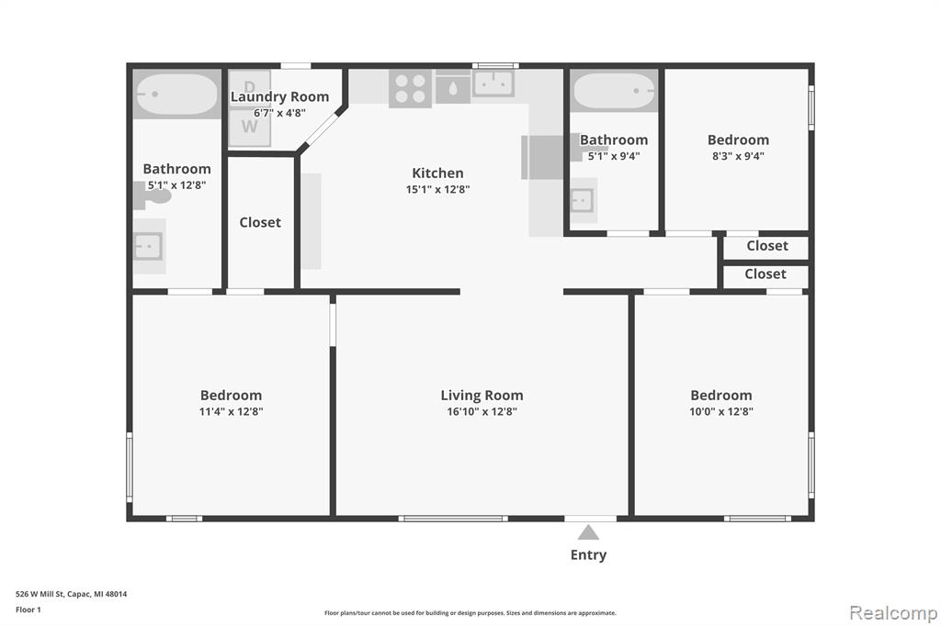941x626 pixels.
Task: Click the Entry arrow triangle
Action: [x=588, y=532]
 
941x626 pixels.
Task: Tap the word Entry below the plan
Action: [x=588, y=555]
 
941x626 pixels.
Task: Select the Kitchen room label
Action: [x=437, y=173]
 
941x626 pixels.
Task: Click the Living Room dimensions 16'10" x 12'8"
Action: [x=482, y=411]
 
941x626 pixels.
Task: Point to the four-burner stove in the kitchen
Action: [x=411, y=89]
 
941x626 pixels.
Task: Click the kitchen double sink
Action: [x=493, y=84]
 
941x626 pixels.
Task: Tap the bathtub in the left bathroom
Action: [x=176, y=95]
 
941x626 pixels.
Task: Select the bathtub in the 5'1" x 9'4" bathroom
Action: [x=613, y=91]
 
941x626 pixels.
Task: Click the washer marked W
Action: [x=250, y=127]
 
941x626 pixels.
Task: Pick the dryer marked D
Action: [x=250, y=88]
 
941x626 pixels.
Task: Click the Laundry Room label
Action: [x=279, y=96]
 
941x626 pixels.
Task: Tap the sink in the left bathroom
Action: [x=148, y=246]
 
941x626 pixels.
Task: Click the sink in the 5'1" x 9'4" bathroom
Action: [x=582, y=201]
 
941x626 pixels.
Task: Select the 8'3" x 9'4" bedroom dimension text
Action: [x=738, y=156]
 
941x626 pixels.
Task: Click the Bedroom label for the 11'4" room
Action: [x=231, y=396]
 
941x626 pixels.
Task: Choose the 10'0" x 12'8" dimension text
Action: [x=721, y=411]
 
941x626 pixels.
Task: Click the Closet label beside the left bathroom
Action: [x=260, y=222]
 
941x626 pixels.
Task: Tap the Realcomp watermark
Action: [x=893, y=612]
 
